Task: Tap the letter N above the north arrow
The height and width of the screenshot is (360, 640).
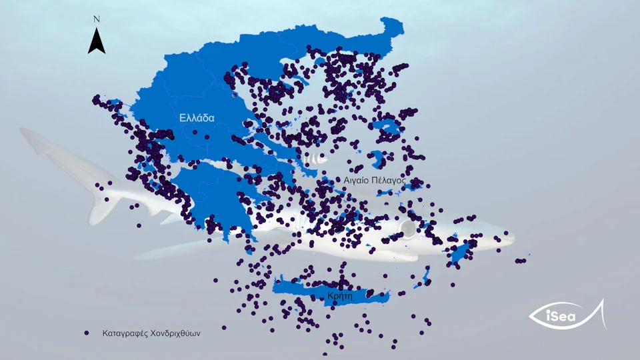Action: point(97,19)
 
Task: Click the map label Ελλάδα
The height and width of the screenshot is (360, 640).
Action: point(197,118)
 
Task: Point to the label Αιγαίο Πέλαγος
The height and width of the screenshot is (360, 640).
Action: point(375,180)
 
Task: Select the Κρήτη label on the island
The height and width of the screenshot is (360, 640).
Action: point(340,295)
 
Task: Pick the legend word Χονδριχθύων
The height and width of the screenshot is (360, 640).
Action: point(177,332)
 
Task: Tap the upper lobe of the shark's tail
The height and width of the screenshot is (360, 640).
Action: point(40,140)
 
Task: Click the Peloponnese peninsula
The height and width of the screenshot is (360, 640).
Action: point(207,193)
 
